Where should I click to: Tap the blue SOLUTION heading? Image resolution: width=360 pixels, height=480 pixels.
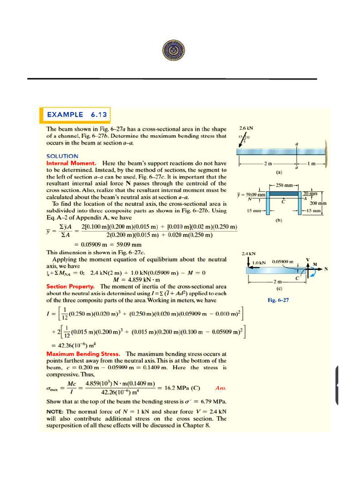[62, 156]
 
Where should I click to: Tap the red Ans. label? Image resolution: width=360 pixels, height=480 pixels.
[220, 388]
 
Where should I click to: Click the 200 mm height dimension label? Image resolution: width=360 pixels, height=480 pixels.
[318, 203]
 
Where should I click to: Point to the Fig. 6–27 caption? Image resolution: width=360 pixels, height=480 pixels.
[277, 300]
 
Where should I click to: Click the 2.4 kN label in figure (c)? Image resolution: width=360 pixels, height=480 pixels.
[247, 253]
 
